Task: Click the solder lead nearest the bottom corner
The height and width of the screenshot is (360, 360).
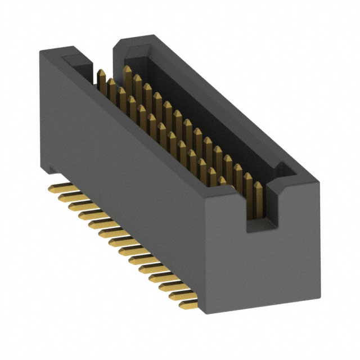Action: [188, 304]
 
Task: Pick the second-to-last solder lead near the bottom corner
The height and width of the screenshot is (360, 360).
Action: [179, 295]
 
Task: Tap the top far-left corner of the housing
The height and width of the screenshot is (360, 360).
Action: [40, 52]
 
